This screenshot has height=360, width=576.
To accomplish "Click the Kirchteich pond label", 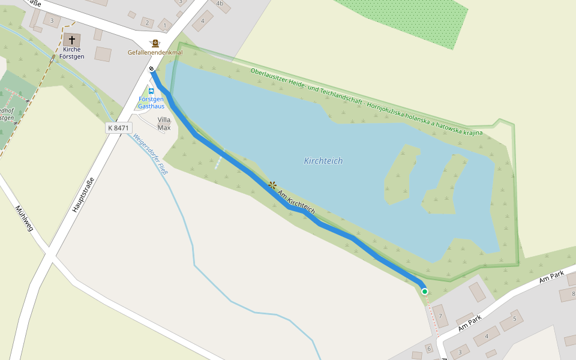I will tap(323, 161).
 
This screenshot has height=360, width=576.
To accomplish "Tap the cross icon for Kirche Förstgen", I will tap(72, 40).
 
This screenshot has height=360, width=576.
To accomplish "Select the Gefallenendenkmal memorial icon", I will tap(155, 43).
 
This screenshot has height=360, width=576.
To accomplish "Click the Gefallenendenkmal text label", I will tap(155, 53).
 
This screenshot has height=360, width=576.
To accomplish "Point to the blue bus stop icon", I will tap(151, 91).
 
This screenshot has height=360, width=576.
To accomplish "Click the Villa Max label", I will tap(164, 124).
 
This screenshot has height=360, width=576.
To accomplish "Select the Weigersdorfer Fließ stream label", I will tap(151, 154).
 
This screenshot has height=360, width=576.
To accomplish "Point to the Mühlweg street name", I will tap(25, 220).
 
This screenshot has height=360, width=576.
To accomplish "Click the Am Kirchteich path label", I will tap(296, 202).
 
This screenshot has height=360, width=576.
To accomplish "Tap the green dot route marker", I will tap(425, 292).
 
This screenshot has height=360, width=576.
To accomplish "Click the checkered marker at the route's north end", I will tap(152, 68).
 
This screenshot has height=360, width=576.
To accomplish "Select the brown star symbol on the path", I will tap(272, 185).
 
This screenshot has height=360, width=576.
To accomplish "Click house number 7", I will tap(440, 316).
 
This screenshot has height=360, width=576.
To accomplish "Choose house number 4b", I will tap(220, 4).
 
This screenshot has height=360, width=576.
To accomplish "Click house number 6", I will tap(429, 349).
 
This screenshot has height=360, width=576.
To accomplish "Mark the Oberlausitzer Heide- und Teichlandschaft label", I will tap(366, 101).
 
